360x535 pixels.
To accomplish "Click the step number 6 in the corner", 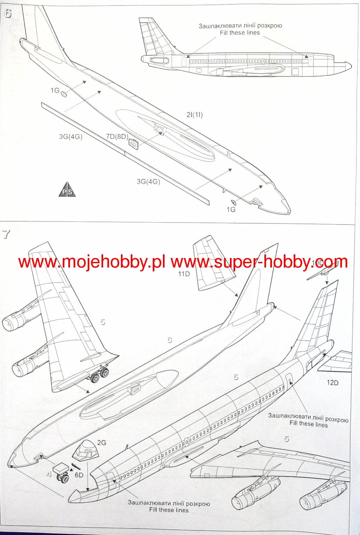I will point(8,15).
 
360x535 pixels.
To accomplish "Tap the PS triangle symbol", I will point(67,190).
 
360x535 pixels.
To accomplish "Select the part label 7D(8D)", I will point(117,137).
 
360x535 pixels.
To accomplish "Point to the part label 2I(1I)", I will point(194,115).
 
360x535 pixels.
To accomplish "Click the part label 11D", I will point(184,274).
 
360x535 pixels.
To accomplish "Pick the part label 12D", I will point(332,383).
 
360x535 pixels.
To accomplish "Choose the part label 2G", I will point(102,442).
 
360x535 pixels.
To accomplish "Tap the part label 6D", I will point(79,475).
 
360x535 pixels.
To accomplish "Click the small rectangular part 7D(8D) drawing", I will point(133,144).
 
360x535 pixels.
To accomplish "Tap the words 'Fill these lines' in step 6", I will point(240,33).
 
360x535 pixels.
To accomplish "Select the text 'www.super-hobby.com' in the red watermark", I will point(259,262).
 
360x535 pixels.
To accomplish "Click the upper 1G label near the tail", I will point(55,90).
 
